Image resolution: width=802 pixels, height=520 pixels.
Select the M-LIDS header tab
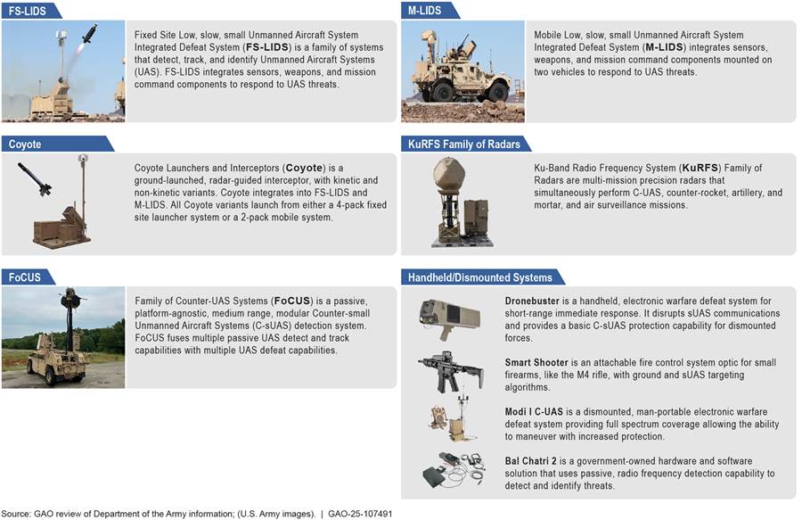[425, 10]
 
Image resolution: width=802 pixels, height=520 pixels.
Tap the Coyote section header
[26, 144]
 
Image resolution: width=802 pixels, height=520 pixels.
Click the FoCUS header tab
[25, 277]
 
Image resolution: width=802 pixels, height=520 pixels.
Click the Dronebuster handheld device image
[449, 315]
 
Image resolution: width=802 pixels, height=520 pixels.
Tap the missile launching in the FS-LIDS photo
[89, 34]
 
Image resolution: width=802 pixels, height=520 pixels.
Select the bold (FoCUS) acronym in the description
[292, 301]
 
